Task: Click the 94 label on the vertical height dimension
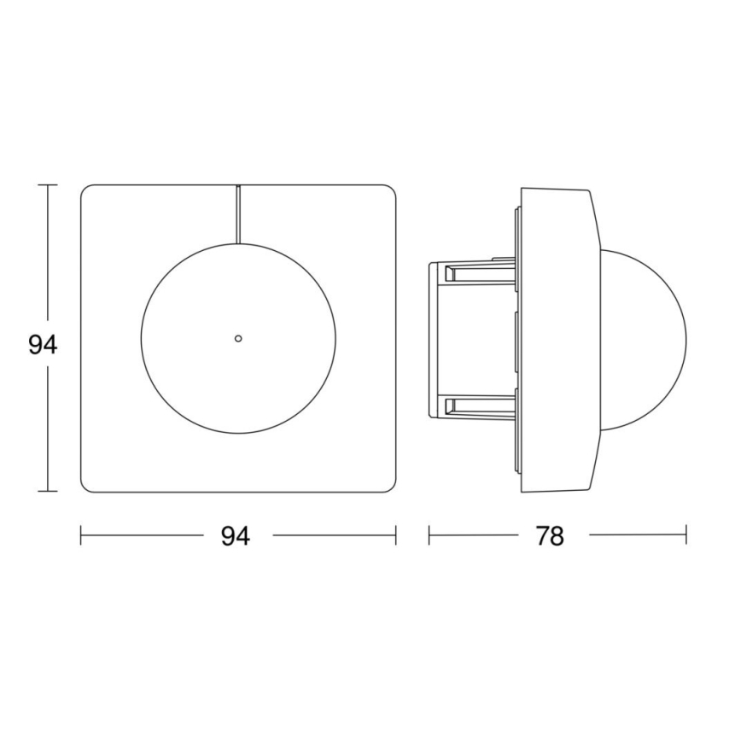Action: point(42,346)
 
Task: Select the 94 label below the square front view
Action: point(236,536)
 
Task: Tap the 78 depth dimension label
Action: point(551,536)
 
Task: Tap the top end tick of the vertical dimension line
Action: point(48,184)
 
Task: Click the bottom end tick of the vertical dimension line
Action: point(48,492)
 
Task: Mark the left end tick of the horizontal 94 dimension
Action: point(81,536)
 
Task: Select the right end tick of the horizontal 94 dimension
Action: point(396,536)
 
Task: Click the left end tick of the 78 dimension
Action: point(429,536)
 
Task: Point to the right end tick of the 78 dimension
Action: point(686,536)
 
